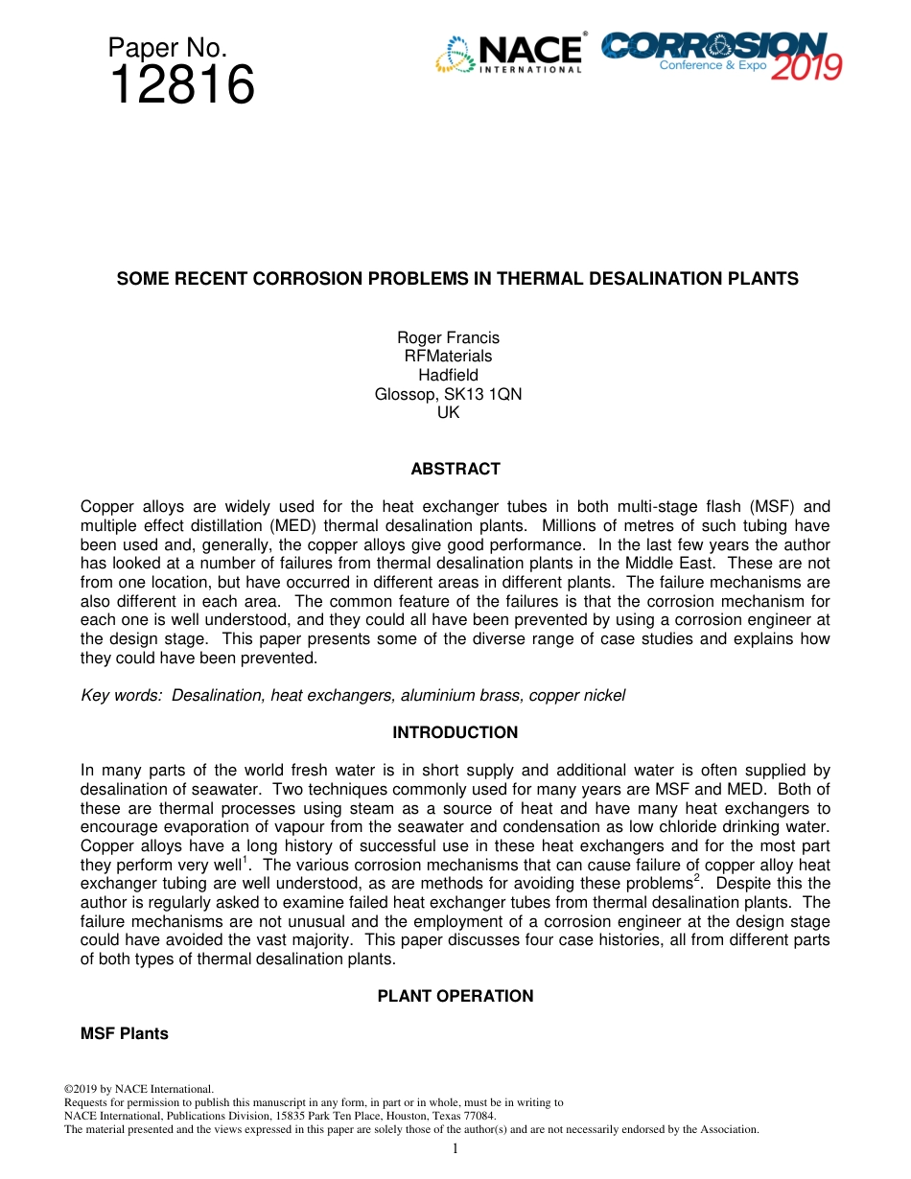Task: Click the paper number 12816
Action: [181, 86]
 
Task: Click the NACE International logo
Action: [509, 54]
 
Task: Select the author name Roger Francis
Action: [448, 337]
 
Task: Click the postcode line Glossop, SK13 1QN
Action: [448, 394]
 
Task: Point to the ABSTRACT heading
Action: [455, 469]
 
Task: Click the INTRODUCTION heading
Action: [455, 732]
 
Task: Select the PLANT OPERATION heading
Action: [455, 996]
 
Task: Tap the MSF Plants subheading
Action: [125, 1033]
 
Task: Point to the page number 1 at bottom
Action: [455, 1148]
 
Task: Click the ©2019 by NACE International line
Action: [138, 1089]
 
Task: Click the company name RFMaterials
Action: [448, 357]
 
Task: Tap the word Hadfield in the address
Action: [448, 375]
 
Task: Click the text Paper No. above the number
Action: [167, 48]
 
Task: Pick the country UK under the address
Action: [448, 412]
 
